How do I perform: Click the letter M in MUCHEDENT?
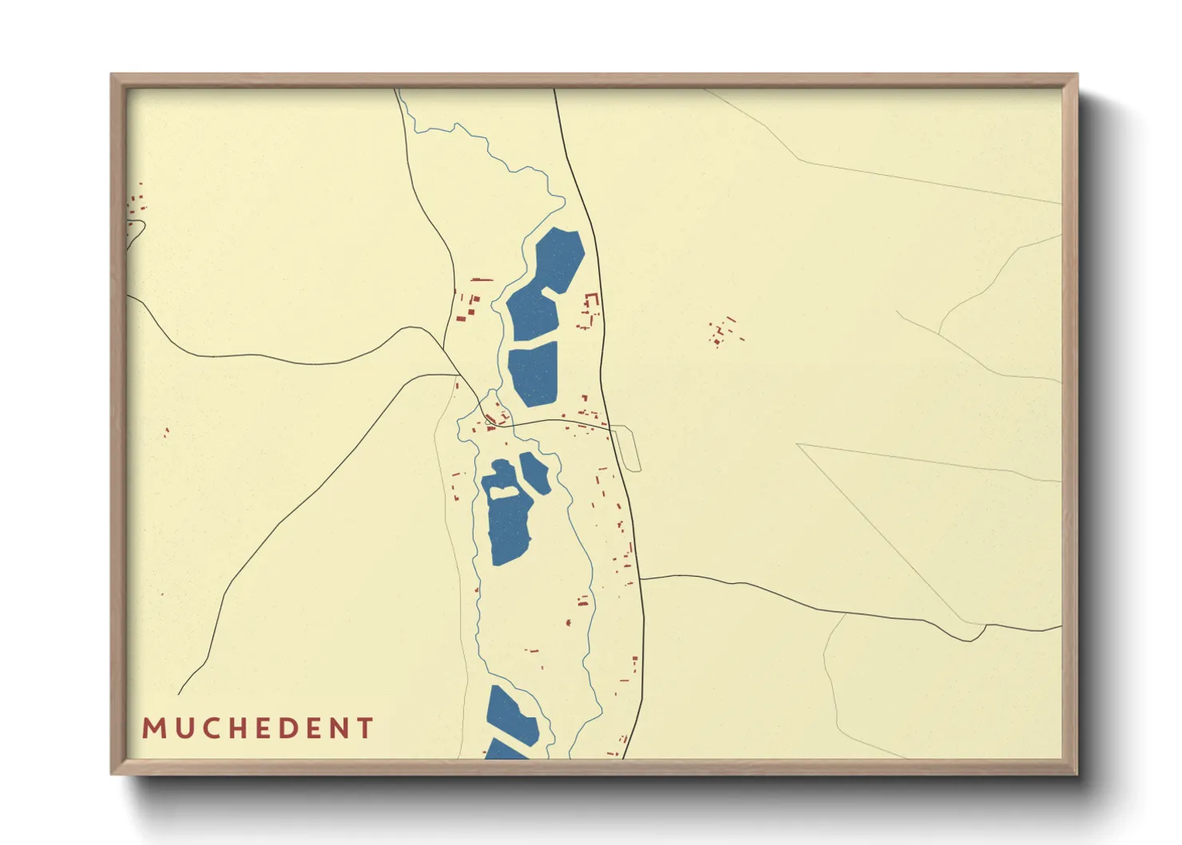(153, 728)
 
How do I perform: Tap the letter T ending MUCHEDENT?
(366, 728)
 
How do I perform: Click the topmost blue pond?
(557, 259)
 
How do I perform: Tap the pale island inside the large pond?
(502, 492)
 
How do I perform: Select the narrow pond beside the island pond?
(534, 473)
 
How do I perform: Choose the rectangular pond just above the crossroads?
(533, 373)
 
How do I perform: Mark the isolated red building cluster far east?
(723, 331)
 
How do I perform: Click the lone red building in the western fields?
(166, 432)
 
